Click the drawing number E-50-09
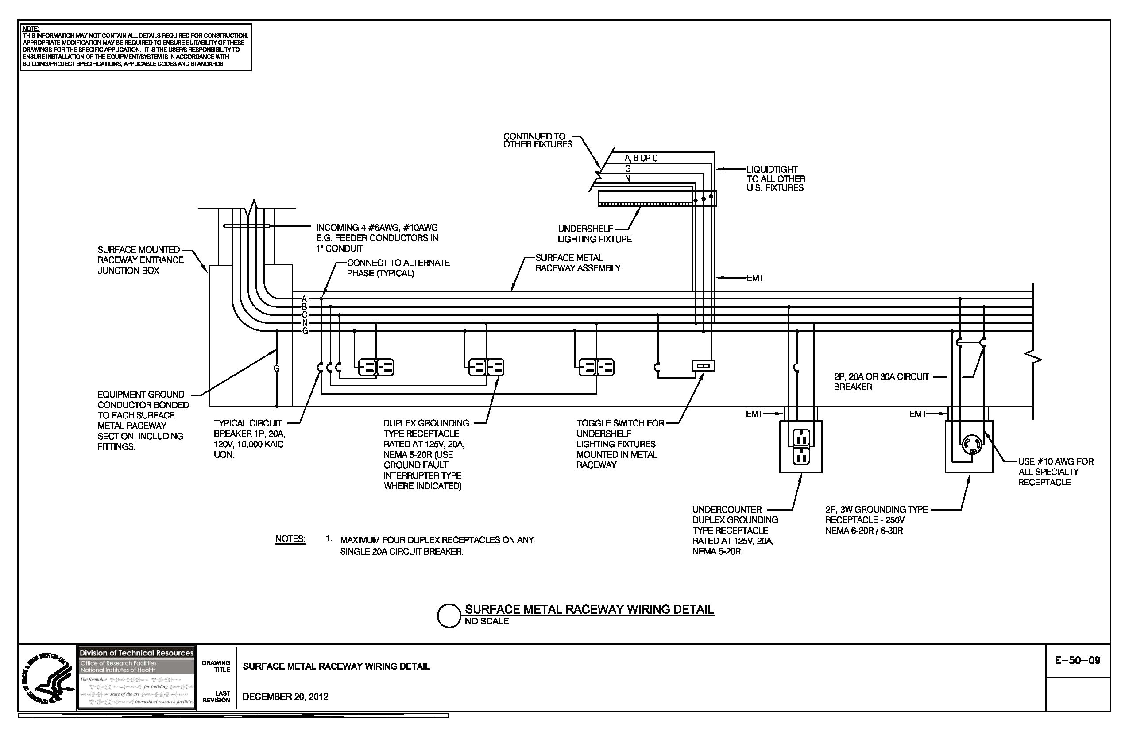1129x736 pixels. [x=1078, y=660]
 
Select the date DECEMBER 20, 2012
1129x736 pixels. [x=285, y=697]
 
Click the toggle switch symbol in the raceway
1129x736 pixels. [x=703, y=365]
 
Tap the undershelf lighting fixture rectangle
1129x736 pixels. [x=657, y=198]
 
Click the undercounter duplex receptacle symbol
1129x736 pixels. [x=801, y=446]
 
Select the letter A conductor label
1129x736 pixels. [x=305, y=298]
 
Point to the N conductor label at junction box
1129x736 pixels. [x=305, y=323]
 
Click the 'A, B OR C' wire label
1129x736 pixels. [x=641, y=158]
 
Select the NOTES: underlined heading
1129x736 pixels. [x=291, y=539]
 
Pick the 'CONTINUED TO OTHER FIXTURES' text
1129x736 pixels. [x=537, y=140]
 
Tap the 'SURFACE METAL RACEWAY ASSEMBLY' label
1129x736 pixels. [x=578, y=263]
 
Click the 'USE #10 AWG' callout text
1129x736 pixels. [x=1056, y=472]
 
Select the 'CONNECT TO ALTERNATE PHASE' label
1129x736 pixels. [x=398, y=268]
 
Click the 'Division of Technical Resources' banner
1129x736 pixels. [x=137, y=653]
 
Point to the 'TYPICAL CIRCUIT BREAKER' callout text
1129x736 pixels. [x=248, y=438]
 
